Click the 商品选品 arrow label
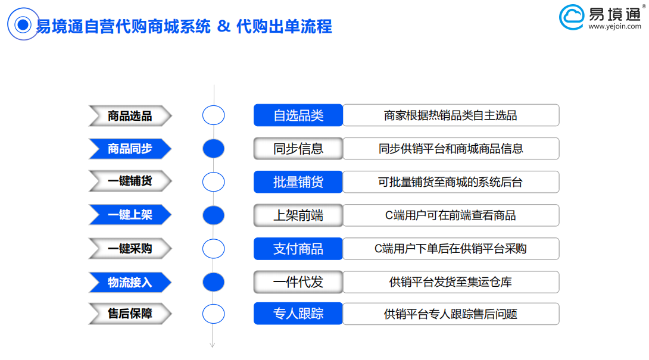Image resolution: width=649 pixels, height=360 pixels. [x=130, y=115]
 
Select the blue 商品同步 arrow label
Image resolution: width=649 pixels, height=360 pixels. [x=130, y=149]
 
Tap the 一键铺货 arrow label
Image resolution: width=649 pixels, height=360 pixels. [x=130, y=181]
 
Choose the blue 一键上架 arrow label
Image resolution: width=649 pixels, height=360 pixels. [x=130, y=215]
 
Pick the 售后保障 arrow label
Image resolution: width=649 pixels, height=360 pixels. [x=130, y=314]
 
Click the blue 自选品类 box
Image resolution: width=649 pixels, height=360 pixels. [x=298, y=115]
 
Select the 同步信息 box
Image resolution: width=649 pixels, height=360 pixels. [x=298, y=149]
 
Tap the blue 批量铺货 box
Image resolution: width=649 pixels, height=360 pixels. [x=298, y=182]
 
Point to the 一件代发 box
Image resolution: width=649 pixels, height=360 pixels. [x=298, y=282]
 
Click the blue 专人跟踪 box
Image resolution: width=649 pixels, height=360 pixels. [x=298, y=314]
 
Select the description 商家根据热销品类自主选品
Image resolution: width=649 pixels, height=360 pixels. [x=451, y=115]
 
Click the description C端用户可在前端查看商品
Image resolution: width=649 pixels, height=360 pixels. [x=451, y=215]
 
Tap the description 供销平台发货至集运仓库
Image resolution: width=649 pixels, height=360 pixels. [x=451, y=282]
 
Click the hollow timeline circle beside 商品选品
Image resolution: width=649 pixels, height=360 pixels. [x=214, y=105]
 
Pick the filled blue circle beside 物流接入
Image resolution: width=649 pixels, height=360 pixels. [x=214, y=282]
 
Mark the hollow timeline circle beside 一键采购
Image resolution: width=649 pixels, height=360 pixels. [x=214, y=239]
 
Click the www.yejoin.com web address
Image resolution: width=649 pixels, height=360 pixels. [x=614, y=27]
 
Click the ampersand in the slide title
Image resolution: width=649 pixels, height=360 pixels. [x=223, y=27]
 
